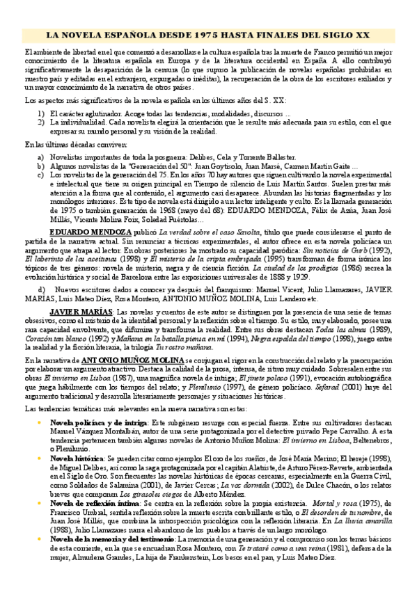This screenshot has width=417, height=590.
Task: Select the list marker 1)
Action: [41, 113]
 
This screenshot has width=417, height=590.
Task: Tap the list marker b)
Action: [41, 167]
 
